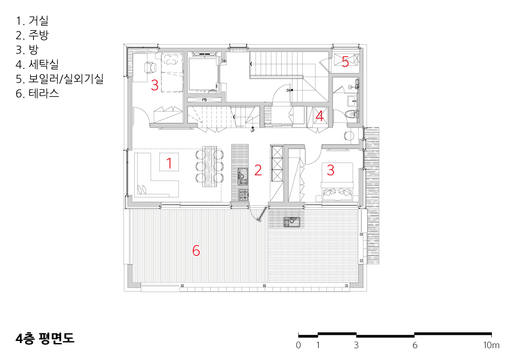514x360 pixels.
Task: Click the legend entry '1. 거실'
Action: pyautogui.click(x=32, y=21)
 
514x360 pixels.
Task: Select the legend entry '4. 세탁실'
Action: pyautogui.click(x=37, y=64)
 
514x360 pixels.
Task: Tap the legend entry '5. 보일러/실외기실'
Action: pyautogui.click(x=60, y=79)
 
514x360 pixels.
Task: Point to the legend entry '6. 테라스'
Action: pyautogui.click(x=38, y=94)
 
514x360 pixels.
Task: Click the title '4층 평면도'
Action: pyautogui.click(x=45, y=338)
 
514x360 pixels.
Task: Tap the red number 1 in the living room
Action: pyautogui.click(x=169, y=163)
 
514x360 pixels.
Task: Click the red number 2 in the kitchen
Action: pyautogui.click(x=258, y=170)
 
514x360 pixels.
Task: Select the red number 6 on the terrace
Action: pyautogui.click(x=196, y=250)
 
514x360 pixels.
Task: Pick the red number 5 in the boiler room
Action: pyautogui.click(x=345, y=62)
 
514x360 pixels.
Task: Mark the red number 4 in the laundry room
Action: pyautogui.click(x=319, y=116)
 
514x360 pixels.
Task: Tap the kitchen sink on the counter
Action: pyautogui.click(x=243, y=176)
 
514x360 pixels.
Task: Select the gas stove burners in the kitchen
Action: pyautogui.click(x=243, y=195)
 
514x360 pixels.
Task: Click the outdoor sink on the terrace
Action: pyautogui.click(x=292, y=222)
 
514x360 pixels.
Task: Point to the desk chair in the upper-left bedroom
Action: pyautogui.click(x=151, y=67)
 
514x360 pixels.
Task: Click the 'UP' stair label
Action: pyautogui.click(x=252, y=131)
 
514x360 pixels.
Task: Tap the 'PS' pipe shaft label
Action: pyautogui.click(x=205, y=100)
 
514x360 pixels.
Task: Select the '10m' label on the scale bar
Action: pyautogui.click(x=491, y=345)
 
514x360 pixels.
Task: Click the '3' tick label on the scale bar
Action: pyautogui.click(x=356, y=345)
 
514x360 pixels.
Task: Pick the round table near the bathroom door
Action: pyautogui.click(x=349, y=136)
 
